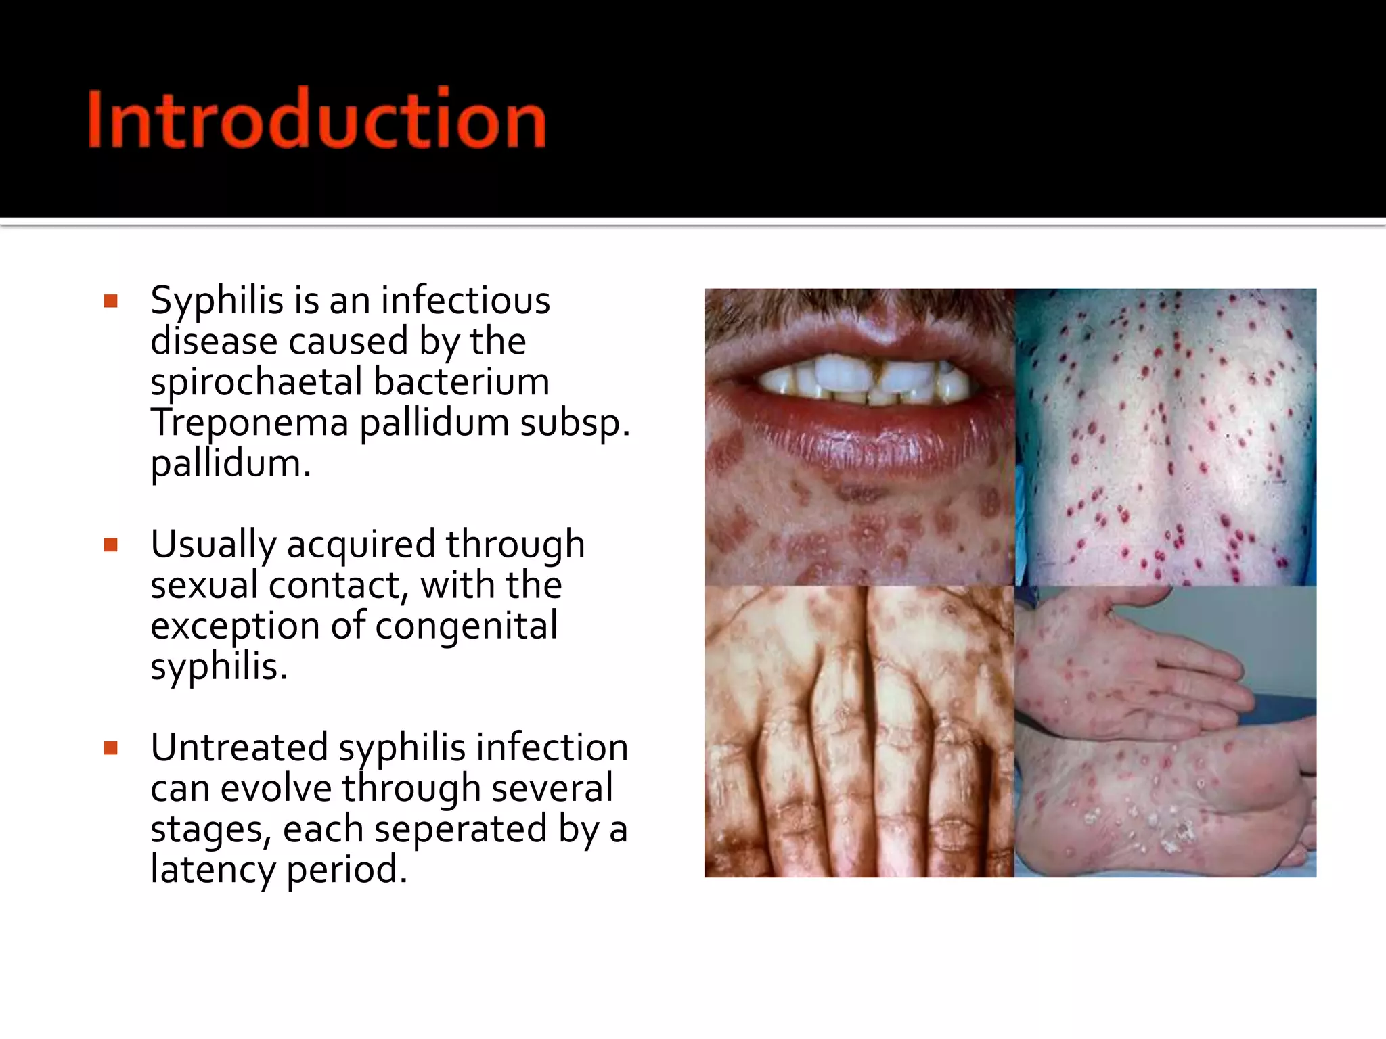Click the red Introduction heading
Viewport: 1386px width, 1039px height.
[317, 119]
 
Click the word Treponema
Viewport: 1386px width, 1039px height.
[249, 423]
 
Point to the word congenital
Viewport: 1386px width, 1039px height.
[466, 626]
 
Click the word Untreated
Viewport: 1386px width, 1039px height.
[239, 747]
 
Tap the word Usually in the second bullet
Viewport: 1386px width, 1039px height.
[213, 545]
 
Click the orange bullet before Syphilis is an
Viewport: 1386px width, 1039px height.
[111, 302]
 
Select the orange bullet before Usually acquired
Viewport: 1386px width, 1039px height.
[111, 545]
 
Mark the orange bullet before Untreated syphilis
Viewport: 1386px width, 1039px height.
[111, 748]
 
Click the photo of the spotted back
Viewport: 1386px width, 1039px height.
[1165, 437]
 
